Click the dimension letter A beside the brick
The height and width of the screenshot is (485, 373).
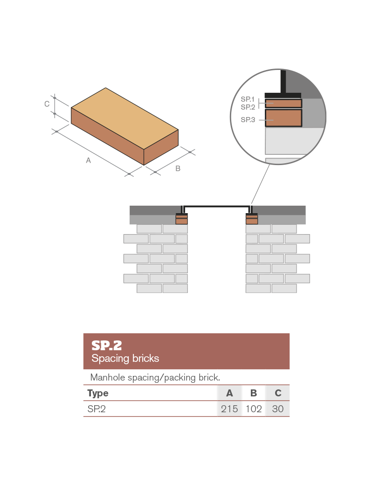[x=88, y=160]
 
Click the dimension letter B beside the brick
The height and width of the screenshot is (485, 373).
[x=178, y=169]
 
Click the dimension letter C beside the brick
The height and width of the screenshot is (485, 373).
[x=47, y=104]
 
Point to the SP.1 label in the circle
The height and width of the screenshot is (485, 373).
[x=248, y=99]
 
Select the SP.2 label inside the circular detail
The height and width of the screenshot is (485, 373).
[x=248, y=107]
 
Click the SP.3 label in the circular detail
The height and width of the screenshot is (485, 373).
[x=248, y=120]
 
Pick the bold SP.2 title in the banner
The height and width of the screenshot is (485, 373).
[x=106, y=346]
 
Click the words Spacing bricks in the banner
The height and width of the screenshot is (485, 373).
[x=125, y=359]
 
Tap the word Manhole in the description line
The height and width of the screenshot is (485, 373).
[x=105, y=377]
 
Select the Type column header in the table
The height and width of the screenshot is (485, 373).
[x=98, y=393]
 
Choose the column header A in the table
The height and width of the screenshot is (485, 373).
[x=229, y=393]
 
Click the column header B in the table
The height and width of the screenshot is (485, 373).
[x=254, y=393]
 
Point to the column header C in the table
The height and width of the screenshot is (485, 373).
[x=278, y=393]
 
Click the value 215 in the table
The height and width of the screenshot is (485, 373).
[x=229, y=409]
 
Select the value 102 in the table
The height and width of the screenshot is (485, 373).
[x=254, y=409]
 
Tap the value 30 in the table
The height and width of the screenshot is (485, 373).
[x=278, y=409]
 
